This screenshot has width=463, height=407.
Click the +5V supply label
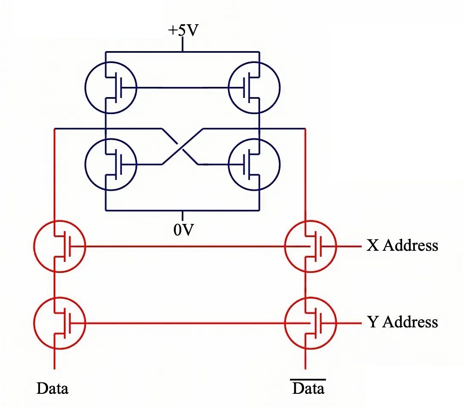(x=183, y=31)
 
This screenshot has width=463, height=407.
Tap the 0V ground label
(x=183, y=230)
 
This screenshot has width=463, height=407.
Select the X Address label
(x=402, y=246)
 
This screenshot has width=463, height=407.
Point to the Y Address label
(x=402, y=322)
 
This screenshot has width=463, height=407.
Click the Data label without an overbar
(x=52, y=388)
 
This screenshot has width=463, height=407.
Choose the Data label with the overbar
(x=309, y=388)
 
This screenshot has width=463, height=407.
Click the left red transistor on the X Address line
(x=60, y=246)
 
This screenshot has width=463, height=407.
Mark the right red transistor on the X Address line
(x=310, y=246)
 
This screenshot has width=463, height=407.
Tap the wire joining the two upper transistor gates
(x=183, y=88)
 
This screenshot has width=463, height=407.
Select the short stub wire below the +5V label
(x=183, y=44)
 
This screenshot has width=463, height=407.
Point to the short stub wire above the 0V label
(x=183, y=215)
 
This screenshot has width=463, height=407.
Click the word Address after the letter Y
(x=410, y=322)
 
